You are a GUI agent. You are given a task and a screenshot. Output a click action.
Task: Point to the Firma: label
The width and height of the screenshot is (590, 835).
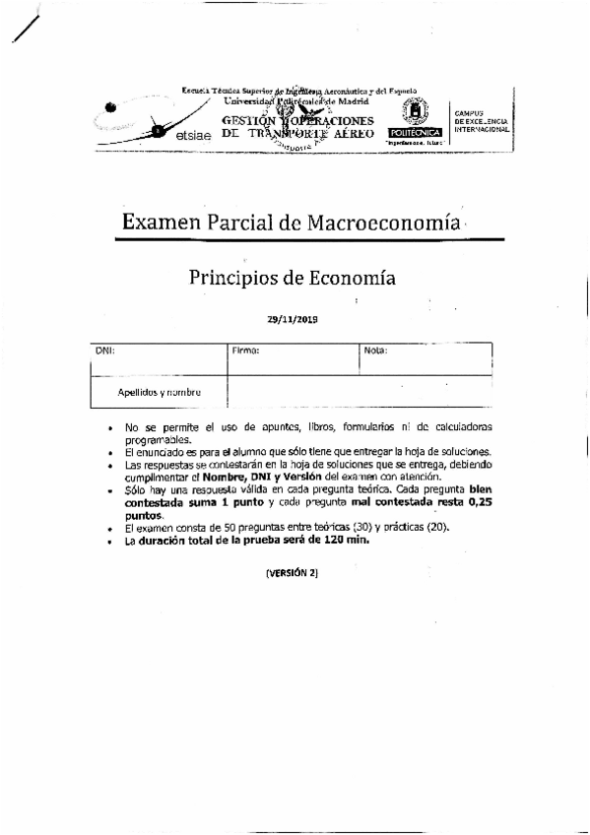[245, 350]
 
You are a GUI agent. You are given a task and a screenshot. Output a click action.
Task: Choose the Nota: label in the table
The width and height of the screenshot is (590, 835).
[375, 350]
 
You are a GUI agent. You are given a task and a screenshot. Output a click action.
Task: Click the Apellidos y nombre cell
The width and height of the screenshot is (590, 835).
[159, 391]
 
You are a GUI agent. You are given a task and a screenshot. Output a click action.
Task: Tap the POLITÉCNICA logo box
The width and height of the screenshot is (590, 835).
[416, 132]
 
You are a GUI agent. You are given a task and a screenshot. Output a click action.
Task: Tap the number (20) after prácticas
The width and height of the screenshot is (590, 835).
[435, 527]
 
